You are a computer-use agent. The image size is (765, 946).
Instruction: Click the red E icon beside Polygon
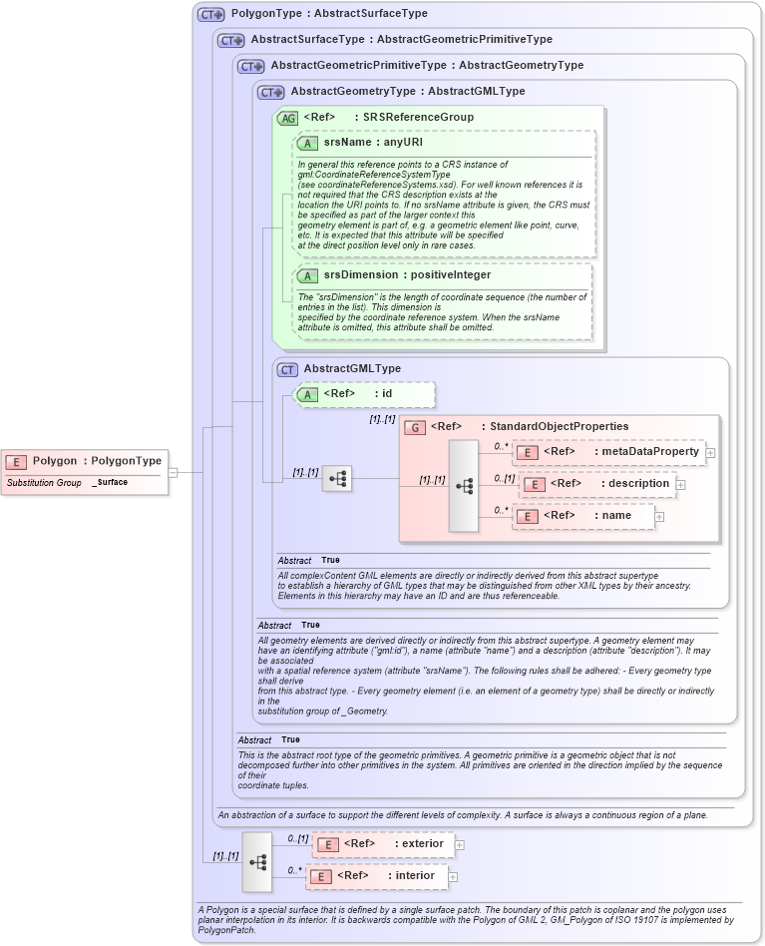tap(16, 461)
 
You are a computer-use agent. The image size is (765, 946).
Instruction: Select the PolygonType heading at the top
tap(329, 14)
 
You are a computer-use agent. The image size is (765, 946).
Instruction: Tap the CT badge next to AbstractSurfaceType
tap(230, 41)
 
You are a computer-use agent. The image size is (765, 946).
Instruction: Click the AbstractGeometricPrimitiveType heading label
tap(427, 66)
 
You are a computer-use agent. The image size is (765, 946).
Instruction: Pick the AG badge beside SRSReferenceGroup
tap(287, 118)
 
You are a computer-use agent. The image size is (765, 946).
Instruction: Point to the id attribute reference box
tap(365, 394)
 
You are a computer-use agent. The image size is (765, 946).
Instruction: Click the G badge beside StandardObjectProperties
tap(414, 427)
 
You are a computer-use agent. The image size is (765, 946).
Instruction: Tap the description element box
tap(597, 484)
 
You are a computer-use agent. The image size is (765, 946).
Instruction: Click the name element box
tap(583, 516)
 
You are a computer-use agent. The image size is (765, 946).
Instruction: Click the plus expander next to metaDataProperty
tap(710, 453)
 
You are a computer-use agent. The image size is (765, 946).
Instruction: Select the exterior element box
tap(383, 844)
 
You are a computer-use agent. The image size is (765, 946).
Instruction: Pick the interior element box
tap(376, 876)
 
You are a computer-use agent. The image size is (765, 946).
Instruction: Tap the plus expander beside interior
tap(453, 877)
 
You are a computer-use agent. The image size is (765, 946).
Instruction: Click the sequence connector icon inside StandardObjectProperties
tap(464, 486)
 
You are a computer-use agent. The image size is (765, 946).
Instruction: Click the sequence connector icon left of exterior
tap(257, 861)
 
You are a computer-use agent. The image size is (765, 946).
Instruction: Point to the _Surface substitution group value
tap(112, 483)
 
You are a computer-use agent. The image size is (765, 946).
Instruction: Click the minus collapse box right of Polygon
tap(173, 473)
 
